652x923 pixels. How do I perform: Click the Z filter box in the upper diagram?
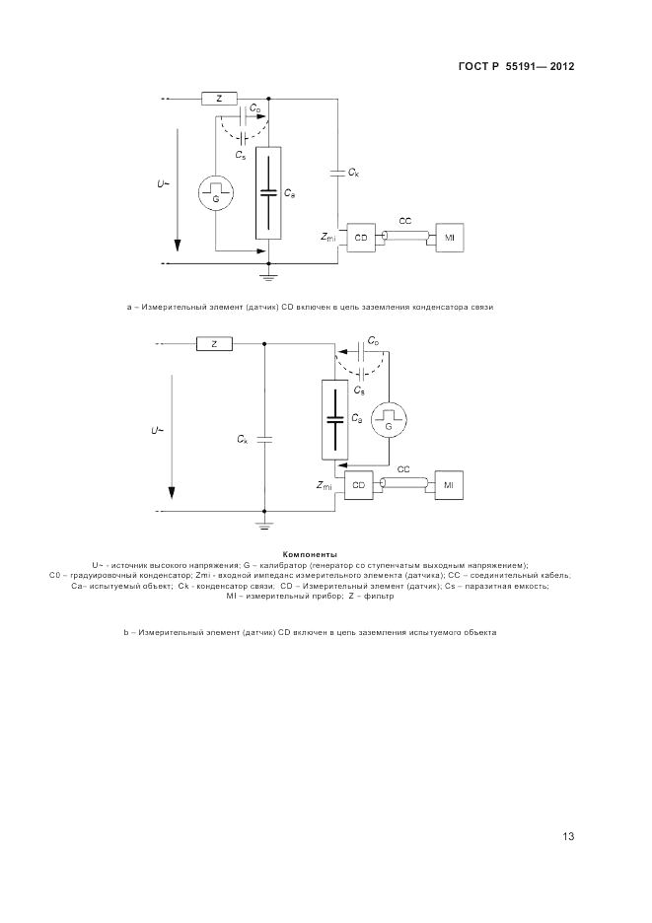pyautogui.click(x=219, y=99)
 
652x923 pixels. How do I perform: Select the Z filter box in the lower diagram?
pyautogui.click(x=214, y=344)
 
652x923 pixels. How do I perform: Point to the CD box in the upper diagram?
pyautogui.click(x=361, y=238)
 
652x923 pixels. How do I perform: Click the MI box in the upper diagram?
pyautogui.click(x=449, y=238)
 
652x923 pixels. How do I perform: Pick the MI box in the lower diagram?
pyautogui.click(x=448, y=485)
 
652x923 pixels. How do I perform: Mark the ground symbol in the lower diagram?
pyautogui.click(x=264, y=524)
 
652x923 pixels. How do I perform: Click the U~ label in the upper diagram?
pyautogui.click(x=164, y=184)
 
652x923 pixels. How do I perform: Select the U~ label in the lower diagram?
pyautogui.click(x=158, y=431)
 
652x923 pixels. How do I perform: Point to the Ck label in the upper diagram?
pyautogui.click(x=353, y=173)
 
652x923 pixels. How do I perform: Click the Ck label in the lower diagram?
pyautogui.click(x=243, y=439)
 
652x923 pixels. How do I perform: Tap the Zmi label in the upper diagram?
pyautogui.click(x=328, y=238)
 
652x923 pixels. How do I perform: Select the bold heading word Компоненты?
pyautogui.click(x=310, y=554)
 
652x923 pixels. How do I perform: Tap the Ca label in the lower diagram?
pyautogui.click(x=357, y=420)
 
